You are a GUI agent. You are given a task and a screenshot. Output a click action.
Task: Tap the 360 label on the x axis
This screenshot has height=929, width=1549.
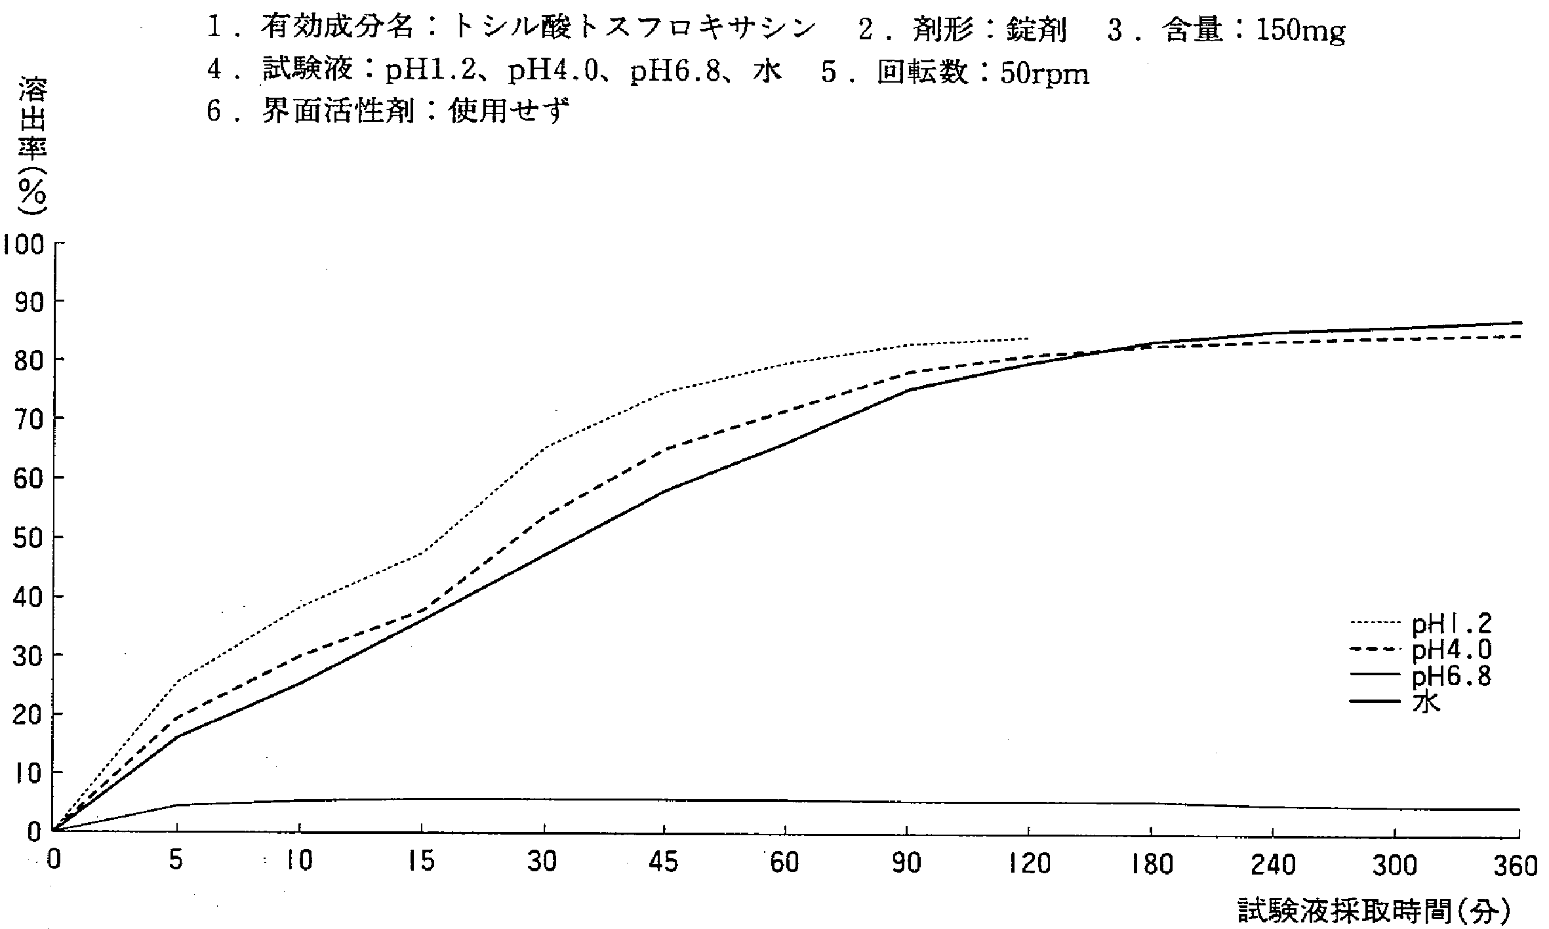1515,866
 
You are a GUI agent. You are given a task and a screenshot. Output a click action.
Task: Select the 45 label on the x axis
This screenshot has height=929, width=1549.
663,862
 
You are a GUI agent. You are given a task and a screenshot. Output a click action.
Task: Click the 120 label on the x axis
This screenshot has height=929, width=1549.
1028,863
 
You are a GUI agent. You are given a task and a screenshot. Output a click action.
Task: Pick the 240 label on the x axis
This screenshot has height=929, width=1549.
1272,865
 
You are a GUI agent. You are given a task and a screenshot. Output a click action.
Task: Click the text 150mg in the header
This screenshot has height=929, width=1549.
1300,31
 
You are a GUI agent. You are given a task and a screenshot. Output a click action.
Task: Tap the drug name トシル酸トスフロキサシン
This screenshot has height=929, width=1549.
634,28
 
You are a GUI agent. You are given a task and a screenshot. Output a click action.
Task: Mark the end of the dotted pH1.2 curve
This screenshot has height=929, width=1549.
1028,338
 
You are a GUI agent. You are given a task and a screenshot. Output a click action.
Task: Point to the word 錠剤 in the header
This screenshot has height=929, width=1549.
1036,30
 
